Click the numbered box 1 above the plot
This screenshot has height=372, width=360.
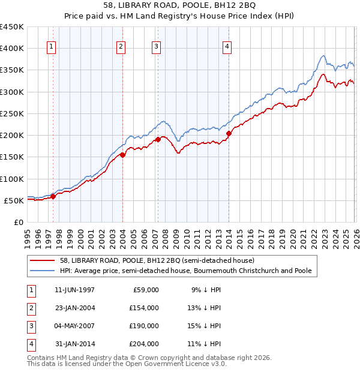51,47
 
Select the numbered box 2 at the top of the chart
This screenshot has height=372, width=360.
121,47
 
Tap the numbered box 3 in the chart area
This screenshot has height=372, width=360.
156,47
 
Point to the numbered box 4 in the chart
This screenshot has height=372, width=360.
227,47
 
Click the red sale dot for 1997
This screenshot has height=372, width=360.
53,196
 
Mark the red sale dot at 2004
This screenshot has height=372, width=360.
122,155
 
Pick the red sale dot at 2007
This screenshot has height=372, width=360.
158,139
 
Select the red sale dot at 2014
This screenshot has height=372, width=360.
229,133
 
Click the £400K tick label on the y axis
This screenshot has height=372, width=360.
12,49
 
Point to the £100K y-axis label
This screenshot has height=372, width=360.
12,179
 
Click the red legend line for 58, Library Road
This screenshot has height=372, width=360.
44,260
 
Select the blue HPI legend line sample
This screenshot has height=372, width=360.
44,271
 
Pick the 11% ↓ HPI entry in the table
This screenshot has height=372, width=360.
206,344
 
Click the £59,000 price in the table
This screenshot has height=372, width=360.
145,289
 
